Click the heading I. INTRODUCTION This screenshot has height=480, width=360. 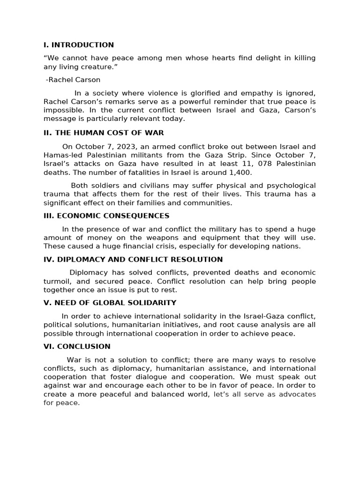78,45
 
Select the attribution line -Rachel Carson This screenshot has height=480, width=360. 73,80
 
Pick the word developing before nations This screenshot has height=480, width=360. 255,246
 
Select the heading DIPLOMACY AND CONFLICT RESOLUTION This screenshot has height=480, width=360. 133,259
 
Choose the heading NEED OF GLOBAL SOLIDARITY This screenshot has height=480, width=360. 110,303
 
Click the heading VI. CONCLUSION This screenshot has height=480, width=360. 77,346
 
